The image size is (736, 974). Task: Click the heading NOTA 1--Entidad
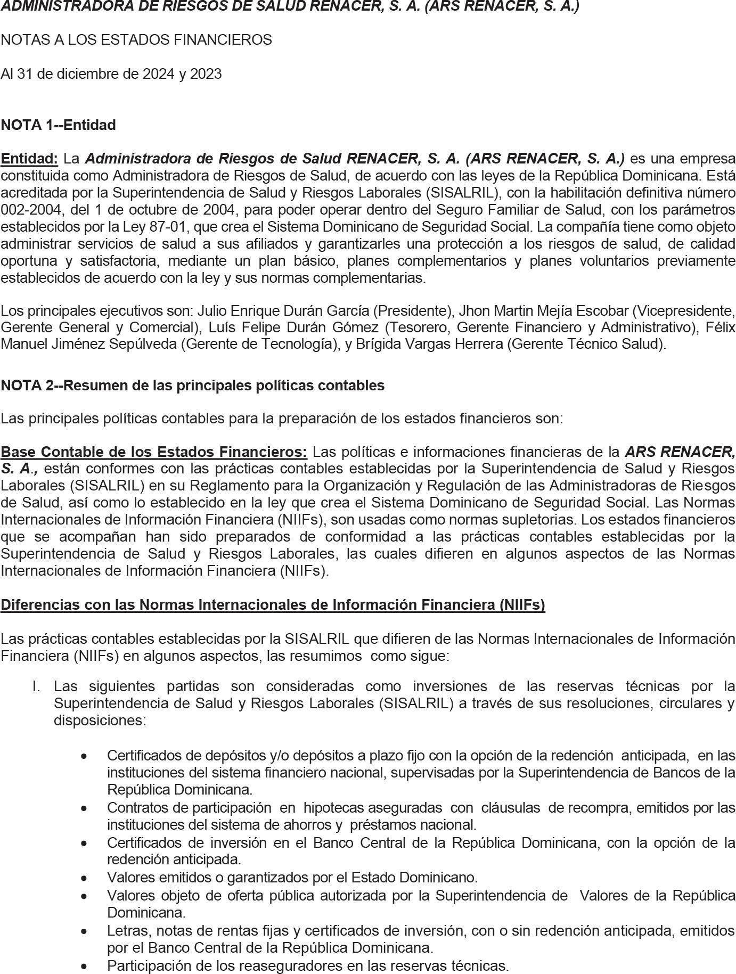58,125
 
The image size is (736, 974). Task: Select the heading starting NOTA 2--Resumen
192,386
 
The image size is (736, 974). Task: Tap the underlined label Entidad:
29,159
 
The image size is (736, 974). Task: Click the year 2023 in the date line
205,74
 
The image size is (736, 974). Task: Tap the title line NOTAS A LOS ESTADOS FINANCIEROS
136,40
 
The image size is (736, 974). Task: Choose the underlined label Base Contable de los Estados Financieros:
154,452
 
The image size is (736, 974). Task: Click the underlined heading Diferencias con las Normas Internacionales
273,605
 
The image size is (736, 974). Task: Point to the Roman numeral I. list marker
36,686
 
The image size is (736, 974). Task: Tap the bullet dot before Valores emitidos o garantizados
84,878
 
